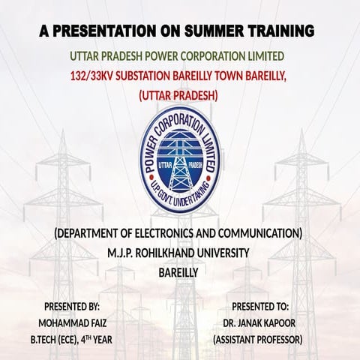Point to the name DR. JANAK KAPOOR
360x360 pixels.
coord(257,322)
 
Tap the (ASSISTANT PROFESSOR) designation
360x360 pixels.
coord(257,339)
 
